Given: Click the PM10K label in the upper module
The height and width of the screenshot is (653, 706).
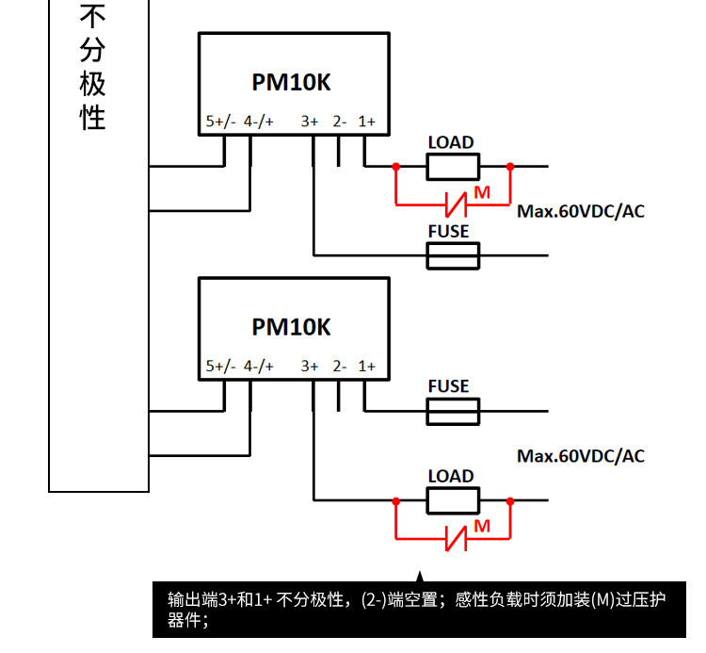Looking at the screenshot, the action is pos(291,82).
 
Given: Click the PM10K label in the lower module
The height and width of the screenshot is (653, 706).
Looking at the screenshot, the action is pos(291,327).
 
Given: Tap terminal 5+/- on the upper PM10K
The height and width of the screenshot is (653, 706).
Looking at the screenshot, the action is pos(220,122).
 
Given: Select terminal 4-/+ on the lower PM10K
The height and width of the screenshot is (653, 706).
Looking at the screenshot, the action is pos(259,366).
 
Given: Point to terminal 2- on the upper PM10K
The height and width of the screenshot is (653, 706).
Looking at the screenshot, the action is pos(340,122).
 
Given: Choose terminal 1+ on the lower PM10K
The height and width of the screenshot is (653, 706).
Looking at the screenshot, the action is pos(366,366).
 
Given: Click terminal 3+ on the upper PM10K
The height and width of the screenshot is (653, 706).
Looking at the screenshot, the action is pos(310,122).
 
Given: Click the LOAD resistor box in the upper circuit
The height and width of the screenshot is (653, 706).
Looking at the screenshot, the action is pos(453,167).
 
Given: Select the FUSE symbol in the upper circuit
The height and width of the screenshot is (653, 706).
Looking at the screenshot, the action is pos(453,255).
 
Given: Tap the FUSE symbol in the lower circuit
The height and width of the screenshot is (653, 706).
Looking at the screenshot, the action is pos(453,411).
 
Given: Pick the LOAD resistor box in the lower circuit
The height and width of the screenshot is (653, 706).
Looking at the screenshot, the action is pos(453,500).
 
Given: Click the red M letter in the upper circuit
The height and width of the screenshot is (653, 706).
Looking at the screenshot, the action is pos(482,193).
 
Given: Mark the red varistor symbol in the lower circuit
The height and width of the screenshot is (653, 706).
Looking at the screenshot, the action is pos(456,539).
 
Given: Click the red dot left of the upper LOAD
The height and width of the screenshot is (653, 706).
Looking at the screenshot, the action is pos(396,167).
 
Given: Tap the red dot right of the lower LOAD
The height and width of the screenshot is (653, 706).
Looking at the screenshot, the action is pos(510,501).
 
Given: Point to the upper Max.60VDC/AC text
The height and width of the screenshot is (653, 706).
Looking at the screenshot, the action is pos(581,211).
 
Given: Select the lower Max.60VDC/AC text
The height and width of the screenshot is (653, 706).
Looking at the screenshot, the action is pos(581,456).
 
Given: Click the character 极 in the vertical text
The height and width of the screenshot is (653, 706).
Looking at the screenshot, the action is pos(92,83).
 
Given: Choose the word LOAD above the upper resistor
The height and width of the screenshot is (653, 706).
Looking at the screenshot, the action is pos(451,142).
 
